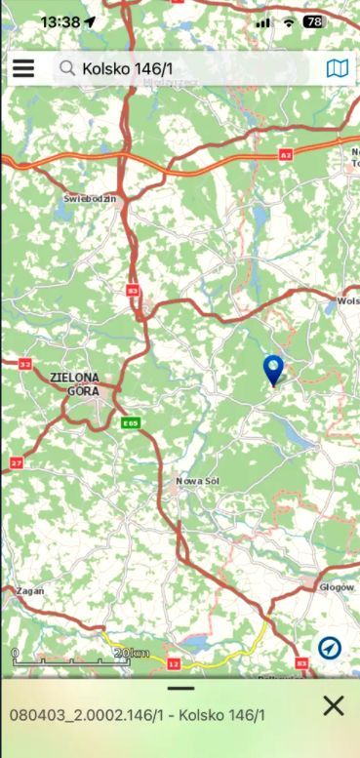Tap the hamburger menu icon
pos(22,68)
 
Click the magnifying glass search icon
pos(67,68)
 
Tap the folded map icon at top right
pos(337,68)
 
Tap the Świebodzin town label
pos(90,198)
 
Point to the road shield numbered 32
pos(23,364)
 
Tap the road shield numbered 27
pos(17,461)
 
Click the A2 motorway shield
pos(285,154)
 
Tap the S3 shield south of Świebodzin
pos(133,290)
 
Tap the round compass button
pos(329,647)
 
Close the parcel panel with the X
pos(333,705)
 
